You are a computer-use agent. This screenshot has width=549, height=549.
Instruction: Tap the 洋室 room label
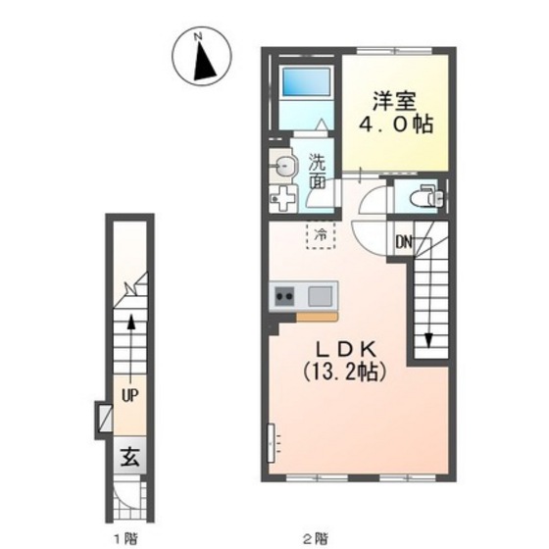coord(394,101)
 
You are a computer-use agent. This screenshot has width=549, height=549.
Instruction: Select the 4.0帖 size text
coord(396,125)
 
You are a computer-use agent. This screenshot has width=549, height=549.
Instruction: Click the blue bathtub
coord(306,81)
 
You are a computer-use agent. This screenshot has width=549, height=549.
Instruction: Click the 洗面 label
coord(318,172)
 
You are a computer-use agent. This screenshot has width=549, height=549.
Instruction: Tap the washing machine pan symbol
coord(283,199)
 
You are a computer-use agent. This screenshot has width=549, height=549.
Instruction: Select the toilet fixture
coord(426,196)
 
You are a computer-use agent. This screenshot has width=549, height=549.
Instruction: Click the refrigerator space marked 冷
coord(321,235)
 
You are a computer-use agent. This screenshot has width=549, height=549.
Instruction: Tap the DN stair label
coord(404,241)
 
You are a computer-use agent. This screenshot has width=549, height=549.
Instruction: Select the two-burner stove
coord(284,296)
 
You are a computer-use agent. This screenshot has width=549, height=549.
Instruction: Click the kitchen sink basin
coord(320,296)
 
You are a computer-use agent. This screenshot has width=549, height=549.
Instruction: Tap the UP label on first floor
coord(130,395)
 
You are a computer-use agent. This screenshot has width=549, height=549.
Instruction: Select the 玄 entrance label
coord(129,456)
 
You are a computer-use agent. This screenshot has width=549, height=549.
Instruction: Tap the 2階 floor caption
coord(316,538)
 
